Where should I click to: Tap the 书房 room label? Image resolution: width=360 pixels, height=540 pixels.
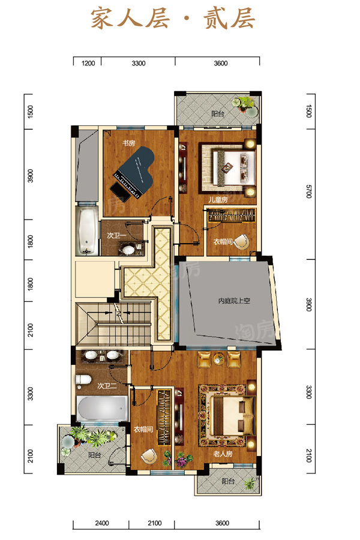[x=128, y=143]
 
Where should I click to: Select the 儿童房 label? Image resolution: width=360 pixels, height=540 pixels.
[x=218, y=200]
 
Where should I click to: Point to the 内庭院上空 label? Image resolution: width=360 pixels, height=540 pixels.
[x=234, y=301]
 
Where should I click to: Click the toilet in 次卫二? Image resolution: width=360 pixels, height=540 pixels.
[x=83, y=380]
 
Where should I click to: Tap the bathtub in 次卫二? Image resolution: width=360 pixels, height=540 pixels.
[x=102, y=408]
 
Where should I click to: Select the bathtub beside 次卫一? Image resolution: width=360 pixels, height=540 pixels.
[x=86, y=230]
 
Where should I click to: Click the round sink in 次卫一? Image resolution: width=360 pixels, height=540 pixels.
[x=128, y=249]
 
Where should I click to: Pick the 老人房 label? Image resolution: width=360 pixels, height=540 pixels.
[x=223, y=454]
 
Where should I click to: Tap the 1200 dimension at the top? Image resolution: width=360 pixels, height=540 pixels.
[x=88, y=64]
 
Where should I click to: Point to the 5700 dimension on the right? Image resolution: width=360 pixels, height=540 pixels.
[x=308, y=191]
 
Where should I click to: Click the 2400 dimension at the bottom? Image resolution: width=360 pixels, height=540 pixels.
[x=102, y=523]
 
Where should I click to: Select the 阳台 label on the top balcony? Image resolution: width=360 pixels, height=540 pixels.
[x=217, y=113]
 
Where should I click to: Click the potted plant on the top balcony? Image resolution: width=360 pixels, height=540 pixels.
[x=245, y=104]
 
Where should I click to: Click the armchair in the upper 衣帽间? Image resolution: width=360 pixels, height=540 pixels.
[x=242, y=241]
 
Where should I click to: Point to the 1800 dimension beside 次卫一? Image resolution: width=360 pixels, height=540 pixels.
[x=31, y=241]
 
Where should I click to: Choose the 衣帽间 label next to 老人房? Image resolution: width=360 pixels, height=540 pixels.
[x=143, y=429]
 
